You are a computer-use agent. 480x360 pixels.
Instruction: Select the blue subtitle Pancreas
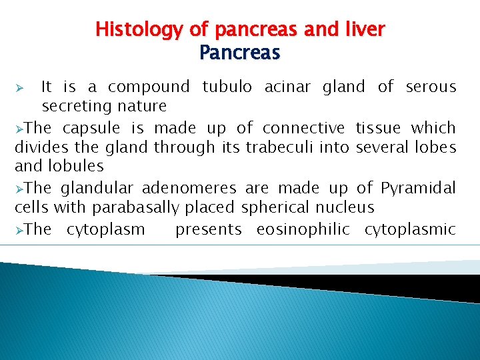tap(240, 52)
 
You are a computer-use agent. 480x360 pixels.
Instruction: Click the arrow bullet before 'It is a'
tap(20, 87)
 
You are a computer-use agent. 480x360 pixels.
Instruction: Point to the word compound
tap(149, 87)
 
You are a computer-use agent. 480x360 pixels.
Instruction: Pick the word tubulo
tap(227, 87)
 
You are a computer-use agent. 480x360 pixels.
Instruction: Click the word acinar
tap(289, 87)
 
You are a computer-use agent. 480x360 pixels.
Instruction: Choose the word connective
tap(303, 127)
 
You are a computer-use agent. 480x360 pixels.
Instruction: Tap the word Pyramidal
tap(418, 189)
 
